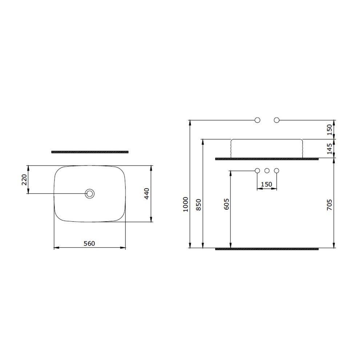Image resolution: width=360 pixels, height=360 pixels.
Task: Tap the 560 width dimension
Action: pyautogui.click(x=89, y=243)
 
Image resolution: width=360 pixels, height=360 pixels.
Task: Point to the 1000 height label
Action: pyautogui.click(x=186, y=204)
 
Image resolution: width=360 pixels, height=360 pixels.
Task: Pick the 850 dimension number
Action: pyautogui.click(x=199, y=205)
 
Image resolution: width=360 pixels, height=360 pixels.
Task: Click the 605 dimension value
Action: pyautogui.click(x=226, y=204)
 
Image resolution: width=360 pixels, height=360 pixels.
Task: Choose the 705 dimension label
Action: pyautogui.click(x=329, y=205)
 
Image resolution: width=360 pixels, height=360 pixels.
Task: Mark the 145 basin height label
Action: pyautogui.click(x=329, y=149)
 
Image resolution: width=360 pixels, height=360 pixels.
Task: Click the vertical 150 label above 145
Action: pyautogui.click(x=329, y=130)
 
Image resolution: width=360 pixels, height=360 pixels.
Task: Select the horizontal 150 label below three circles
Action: pyautogui.click(x=267, y=184)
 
